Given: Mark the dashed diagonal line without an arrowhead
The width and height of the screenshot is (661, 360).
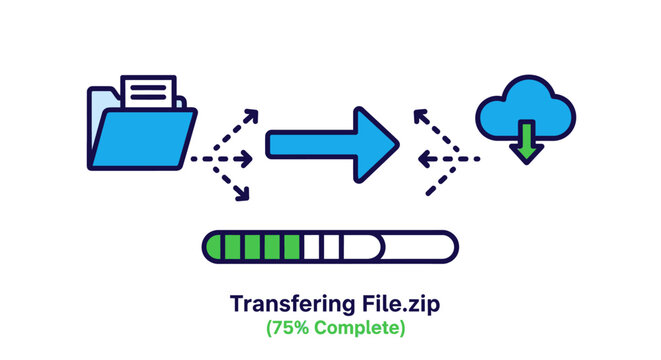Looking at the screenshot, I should tap(440, 179).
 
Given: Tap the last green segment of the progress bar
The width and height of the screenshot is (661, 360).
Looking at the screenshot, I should tap(291, 245).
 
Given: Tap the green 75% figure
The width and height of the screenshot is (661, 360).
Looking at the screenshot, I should tap(290, 326).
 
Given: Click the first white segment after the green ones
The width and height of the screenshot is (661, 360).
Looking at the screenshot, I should tap(312, 245).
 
